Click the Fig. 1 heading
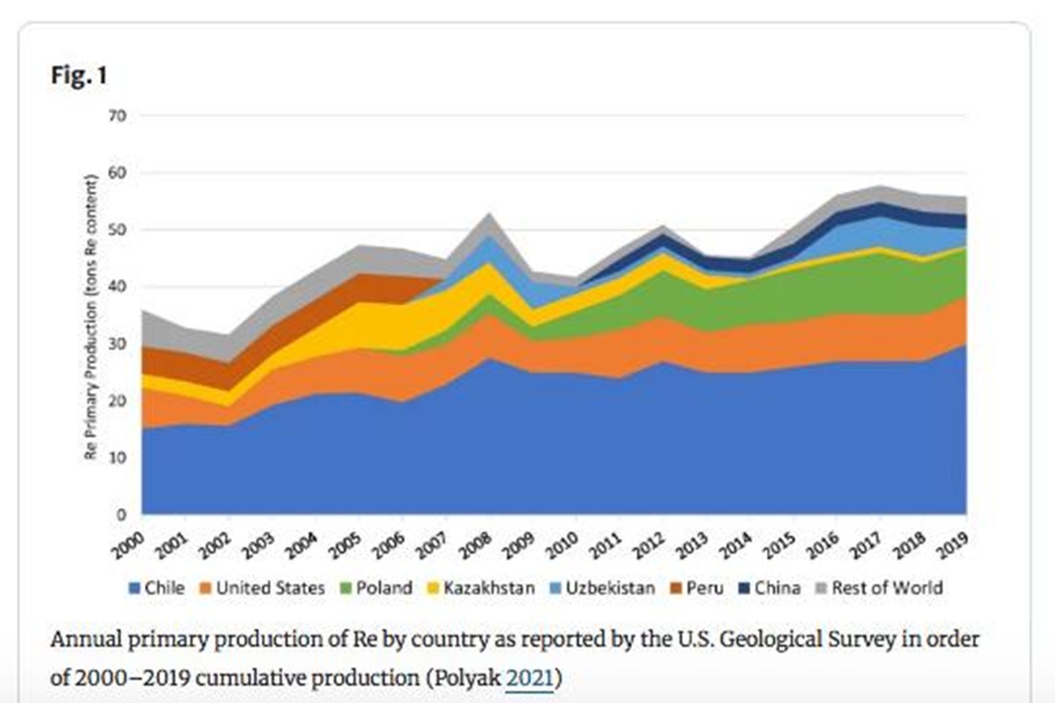(x=78, y=76)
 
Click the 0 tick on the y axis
(x=123, y=514)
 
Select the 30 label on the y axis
(x=119, y=344)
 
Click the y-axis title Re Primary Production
(x=90, y=317)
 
